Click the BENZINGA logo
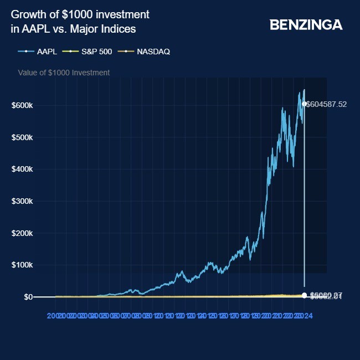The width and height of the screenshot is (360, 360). click(306, 25)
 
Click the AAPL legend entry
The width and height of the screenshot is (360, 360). click(47, 52)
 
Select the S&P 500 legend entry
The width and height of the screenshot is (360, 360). click(96, 52)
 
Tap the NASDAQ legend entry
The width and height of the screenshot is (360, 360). click(153, 52)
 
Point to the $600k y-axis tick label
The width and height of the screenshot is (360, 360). click(22, 105)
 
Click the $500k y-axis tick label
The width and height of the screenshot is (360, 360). click(22, 137)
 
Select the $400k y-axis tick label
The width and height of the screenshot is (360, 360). click(22, 169)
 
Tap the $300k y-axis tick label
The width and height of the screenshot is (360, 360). click(22, 201)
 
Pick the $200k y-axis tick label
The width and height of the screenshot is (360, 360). click(22, 233)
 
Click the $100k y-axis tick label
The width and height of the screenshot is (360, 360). click(22, 265)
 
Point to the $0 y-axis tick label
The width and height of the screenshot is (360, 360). click(27, 297)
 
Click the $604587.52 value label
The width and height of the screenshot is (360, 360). click(327, 104)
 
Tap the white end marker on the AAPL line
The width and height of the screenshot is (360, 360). click(304, 104)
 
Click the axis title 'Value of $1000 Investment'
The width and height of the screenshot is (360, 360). click(64, 73)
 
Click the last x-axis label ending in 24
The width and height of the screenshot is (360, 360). click(307, 315)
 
